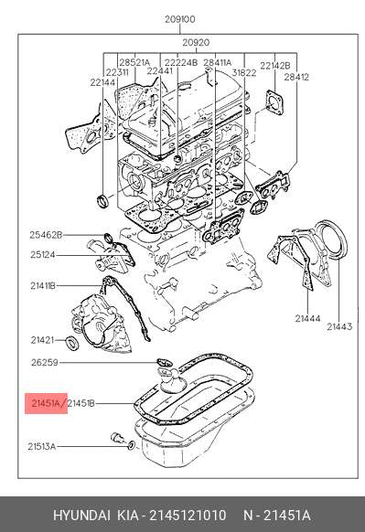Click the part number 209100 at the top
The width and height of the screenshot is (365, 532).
[x=180, y=19]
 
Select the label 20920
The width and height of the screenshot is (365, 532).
[x=196, y=43]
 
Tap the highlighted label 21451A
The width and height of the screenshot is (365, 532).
[x=46, y=403]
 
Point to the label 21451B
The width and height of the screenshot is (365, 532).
[x=81, y=403]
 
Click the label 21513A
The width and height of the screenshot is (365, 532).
[x=41, y=446]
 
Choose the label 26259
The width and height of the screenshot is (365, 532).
[x=45, y=363]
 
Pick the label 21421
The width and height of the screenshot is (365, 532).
[x=42, y=340]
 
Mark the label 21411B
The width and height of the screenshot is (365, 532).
[x=43, y=286]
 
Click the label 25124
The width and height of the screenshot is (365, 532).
[x=42, y=254]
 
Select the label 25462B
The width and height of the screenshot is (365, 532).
[x=46, y=235]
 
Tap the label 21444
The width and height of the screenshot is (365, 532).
[x=307, y=319]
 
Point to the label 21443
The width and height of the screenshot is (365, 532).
[x=339, y=326]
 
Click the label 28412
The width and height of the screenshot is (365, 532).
[x=296, y=78]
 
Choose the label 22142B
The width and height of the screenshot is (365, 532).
[x=275, y=66]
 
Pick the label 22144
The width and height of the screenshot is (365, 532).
[x=102, y=82]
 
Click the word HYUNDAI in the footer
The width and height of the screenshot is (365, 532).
[x=81, y=516]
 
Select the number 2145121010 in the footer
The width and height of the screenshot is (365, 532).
[x=188, y=516]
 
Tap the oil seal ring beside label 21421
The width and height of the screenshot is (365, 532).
[x=72, y=343]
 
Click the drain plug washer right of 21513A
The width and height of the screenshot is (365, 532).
[x=132, y=445]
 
